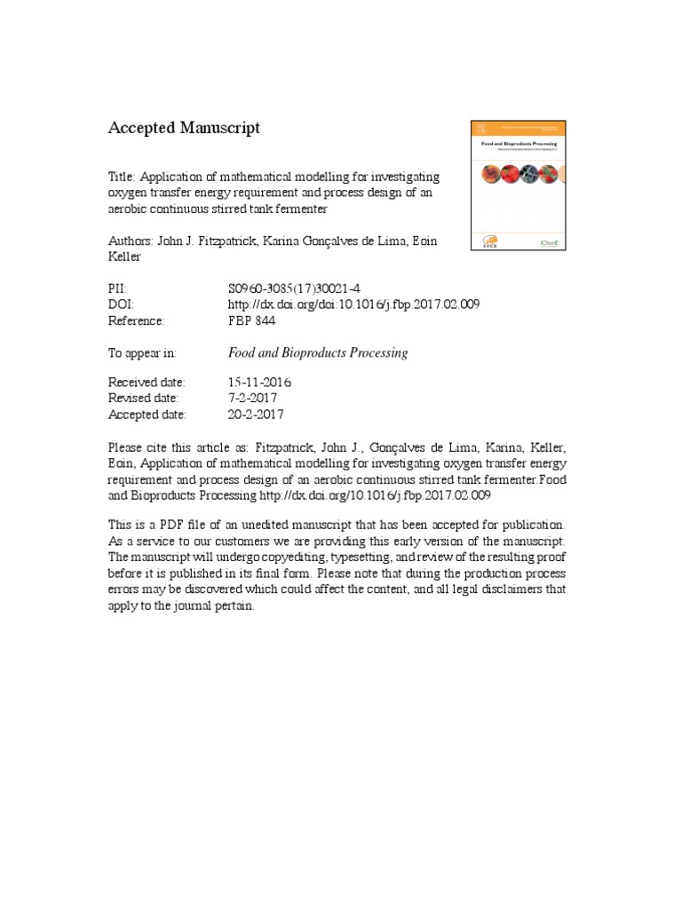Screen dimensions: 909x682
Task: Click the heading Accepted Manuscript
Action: pos(184,128)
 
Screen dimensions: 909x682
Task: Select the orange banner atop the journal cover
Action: pos(517,129)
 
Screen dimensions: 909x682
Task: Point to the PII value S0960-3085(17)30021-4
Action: pos(294,288)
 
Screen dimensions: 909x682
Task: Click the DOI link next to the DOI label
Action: pos(353,304)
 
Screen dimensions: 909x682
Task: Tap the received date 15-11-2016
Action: pos(259,383)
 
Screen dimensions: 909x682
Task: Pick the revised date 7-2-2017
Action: pos(253,399)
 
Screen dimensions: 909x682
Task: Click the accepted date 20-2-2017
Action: pos(256,415)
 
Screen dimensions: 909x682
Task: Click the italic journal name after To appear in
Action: pos(318,352)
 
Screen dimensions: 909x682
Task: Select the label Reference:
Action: pos(137,320)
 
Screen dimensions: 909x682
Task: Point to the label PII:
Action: pos(119,288)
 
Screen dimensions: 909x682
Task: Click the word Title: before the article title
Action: pos(123,177)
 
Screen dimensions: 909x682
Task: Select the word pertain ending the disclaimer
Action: pos(234,605)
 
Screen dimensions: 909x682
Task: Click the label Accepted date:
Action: pos(147,415)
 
